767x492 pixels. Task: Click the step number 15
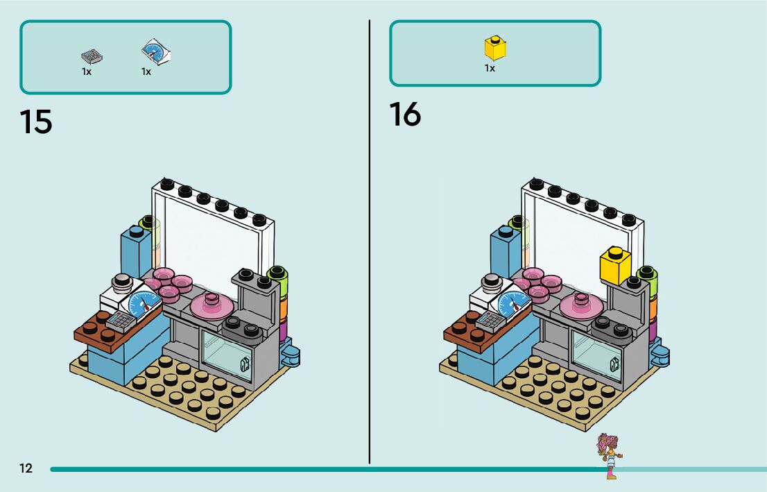click(x=36, y=121)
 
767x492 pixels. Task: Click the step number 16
click(x=405, y=114)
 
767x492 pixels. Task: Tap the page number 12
click(x=26, y=468)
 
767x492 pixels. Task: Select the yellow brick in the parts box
click(x=494, y=48)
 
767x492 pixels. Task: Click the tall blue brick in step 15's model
click(x=136, y=249)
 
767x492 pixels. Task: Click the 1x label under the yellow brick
click(x=490, y=69)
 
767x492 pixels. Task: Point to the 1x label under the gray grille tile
click(x=87, y=71)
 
